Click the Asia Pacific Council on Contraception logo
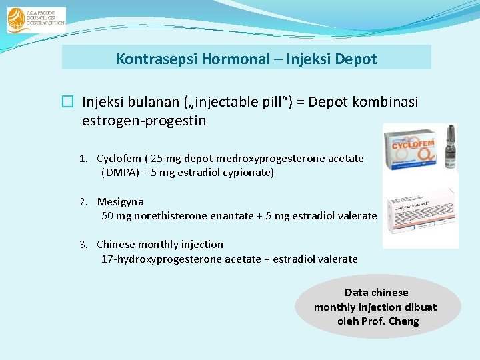pyautogui.click(x=36, y=20)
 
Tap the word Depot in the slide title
pyautogui.click(x=356, y=59)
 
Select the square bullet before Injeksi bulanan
pyautogui.click(x=67, y=102)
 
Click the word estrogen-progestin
pyautogui.click(x=144, y=121)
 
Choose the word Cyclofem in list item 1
pyautogui.click(x=119, y=159)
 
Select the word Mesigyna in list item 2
pyautogui.click(x=121, y=201)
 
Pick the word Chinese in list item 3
pyautogui.click(x=116, y=244)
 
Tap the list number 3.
pyautogui.click(x=83, y=244)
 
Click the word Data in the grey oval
pyautogui.click(x=357, y=292)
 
